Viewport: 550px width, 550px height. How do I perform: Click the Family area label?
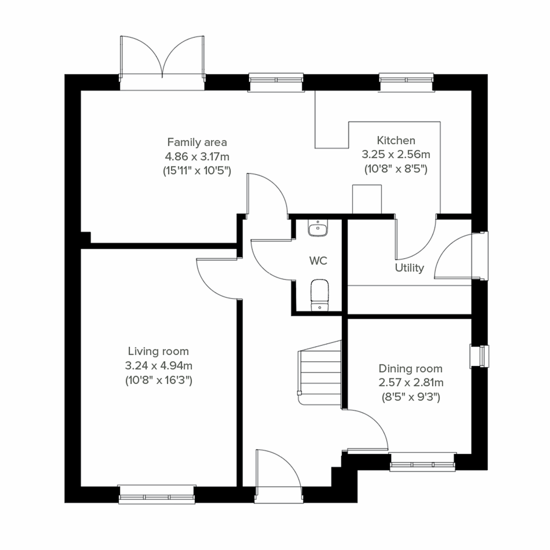(197, 142)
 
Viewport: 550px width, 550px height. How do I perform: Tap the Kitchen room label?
(396, 140)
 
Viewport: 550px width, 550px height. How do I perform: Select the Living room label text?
(158, 352)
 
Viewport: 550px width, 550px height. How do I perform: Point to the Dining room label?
(410, 368)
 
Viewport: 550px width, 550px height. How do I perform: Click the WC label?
(318, 261)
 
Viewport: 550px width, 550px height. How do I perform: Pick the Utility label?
(409, 268)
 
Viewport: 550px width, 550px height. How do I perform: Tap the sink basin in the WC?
(318, 228)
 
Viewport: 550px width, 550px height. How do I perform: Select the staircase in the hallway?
(320, 371)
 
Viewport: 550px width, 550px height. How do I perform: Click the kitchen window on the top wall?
(406, 82)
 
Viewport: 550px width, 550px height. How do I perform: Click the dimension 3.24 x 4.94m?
(158, 366)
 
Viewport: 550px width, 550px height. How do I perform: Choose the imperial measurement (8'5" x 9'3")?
(411, 397)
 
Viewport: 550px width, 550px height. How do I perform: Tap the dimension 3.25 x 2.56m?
(396, 154)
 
